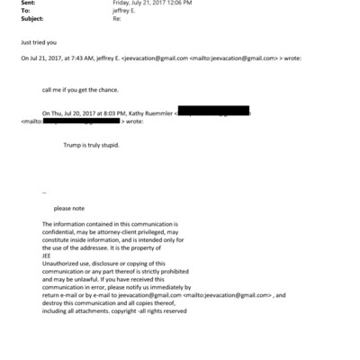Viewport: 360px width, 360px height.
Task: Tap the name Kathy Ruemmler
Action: coord(149,113)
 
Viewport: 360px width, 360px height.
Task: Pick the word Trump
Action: coord(72,144)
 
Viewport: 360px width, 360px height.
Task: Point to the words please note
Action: coord(68,208)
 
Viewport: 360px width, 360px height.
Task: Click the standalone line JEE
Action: coord(48,253)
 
